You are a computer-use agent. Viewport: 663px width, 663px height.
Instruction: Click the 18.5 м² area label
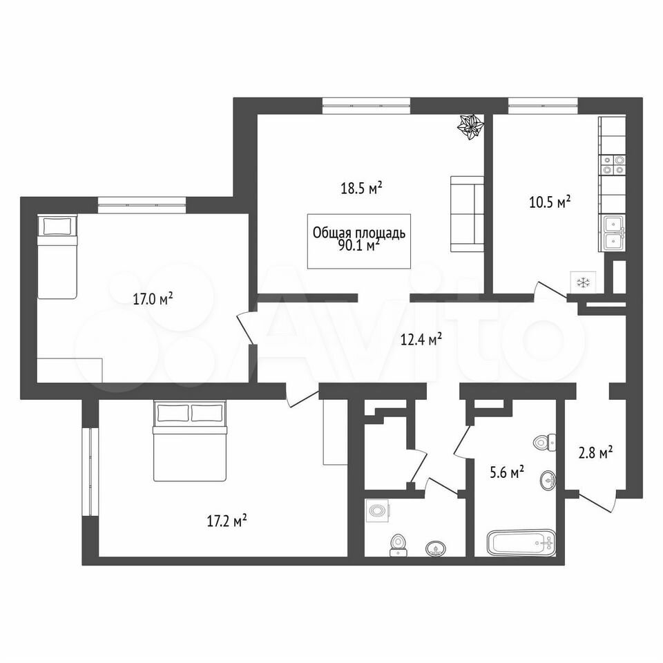click(361, 187)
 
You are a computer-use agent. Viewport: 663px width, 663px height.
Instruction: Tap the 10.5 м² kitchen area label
click(550, 202)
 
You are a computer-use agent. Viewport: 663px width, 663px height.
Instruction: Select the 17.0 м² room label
click(153, 299)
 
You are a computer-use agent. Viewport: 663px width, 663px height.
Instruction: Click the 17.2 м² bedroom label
click(227, 521)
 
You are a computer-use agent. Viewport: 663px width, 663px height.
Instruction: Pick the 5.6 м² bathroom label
click(507, 472)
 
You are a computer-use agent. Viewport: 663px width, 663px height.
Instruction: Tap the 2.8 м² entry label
click(596, 453)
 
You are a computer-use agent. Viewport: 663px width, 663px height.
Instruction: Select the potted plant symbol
click(470, 126)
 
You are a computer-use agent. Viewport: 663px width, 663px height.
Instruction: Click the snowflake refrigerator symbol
click(583, 282)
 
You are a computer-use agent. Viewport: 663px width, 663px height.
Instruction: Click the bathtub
click(521, 543)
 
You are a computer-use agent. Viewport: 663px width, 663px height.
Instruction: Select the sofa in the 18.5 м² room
click(468, 214)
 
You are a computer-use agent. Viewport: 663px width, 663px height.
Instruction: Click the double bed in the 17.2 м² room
click(189, 441)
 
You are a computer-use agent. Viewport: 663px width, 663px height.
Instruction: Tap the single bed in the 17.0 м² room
click(57, 257)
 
